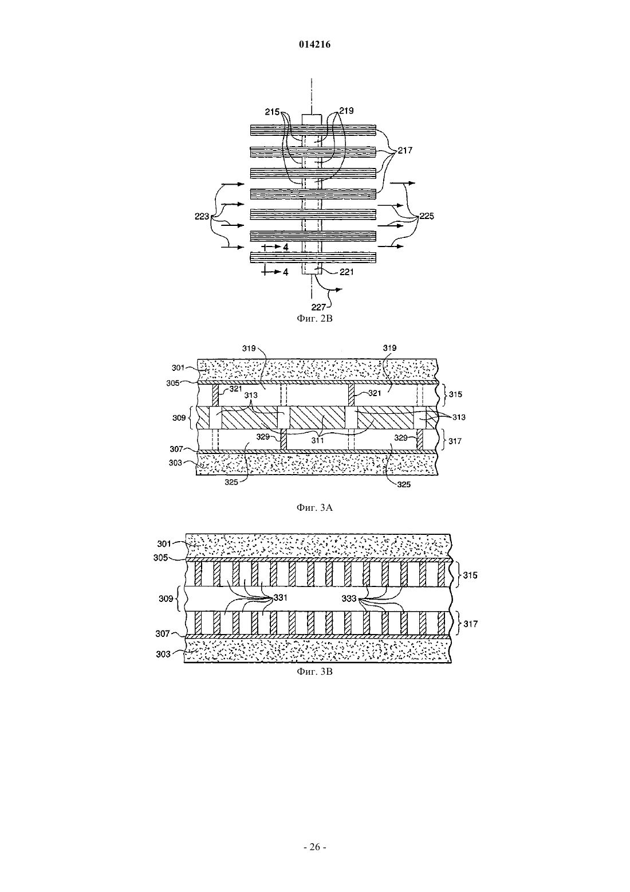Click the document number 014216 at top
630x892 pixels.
[314, 45]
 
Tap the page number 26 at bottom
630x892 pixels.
[314, 847]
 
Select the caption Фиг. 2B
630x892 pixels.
[314, 318]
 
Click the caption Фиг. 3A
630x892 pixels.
[314, 507]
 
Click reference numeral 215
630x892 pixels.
[273, 112]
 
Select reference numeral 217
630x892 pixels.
[405, 150]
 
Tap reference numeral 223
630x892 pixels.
[202, 216]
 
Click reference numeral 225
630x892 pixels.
[427, 216]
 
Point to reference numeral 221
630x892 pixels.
[346, 272]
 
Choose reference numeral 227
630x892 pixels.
[318, 307]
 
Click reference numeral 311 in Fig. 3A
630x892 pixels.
[317, 440]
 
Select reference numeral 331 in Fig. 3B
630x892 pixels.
[281, 598]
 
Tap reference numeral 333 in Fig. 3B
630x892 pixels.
[349, 598]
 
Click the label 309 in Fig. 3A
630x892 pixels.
[179, 418]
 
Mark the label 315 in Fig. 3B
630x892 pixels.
[470, 576]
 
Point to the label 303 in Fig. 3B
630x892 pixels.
[163, 654]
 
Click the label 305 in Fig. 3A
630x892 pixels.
[174, 383]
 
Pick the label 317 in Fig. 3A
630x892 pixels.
[455, 441]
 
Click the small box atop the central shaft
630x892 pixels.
[312, 119]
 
